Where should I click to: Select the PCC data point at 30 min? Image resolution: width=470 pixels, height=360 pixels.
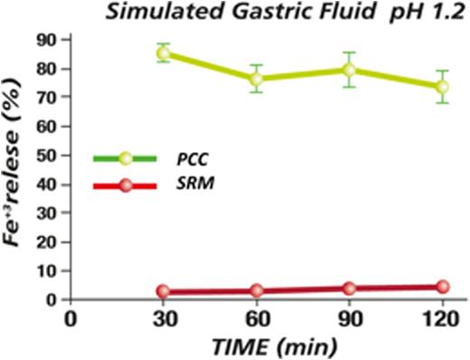(x=163, y=53)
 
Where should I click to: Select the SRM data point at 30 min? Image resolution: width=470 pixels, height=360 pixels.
(x=163, y=291)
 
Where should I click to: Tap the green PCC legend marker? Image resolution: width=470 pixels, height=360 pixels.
(x=126, y=158)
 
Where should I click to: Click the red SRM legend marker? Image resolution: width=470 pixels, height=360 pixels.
(x=126, y=185)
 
